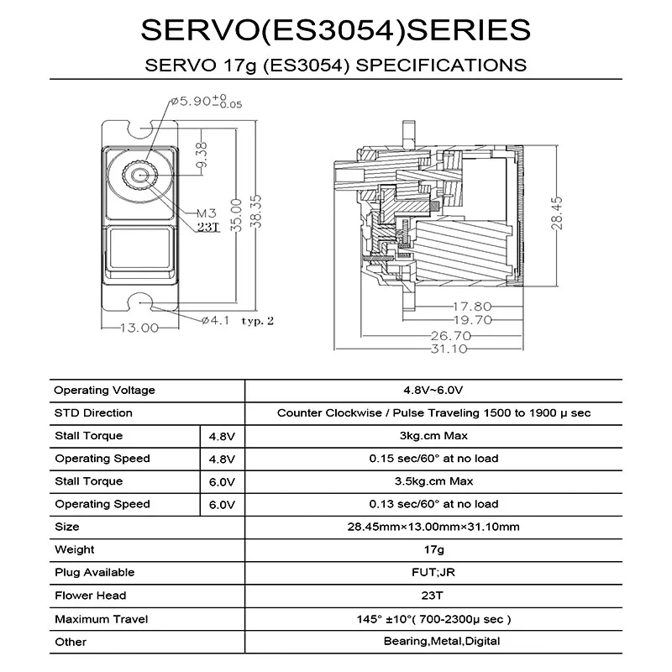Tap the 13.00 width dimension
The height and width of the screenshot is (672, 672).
pyautogui.click(x=139, y=328)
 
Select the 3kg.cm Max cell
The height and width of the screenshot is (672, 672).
pyautogui.click(x=433, y=436)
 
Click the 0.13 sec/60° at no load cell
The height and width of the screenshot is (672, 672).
pyautogui.click(x=433, y=504)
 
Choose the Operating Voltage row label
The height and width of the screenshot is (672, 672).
pyautogui.click(x=105, y=391)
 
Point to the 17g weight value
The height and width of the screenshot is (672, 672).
pyautogui.click(x=433, y=549)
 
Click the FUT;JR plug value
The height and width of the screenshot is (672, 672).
pyautogui.click(x=433, y=572)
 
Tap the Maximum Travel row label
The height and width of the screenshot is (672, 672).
pyautogui.click(x=102, y=619)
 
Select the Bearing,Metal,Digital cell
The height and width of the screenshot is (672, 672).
pyautogui.click(x=433, y=642)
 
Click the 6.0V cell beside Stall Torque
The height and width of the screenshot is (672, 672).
pyautogui.click(x=223, y=481)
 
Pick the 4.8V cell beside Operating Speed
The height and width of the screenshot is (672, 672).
pyautogui.click(x=223, y=459)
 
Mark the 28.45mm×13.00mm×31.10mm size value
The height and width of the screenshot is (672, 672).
pyautogui.click(x=433, y=527)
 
